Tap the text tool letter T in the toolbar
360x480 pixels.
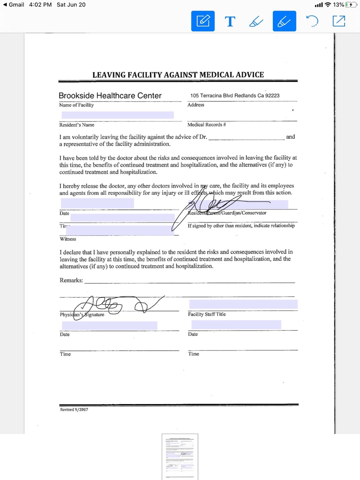point(230,22)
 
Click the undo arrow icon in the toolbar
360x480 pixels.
point(312,21)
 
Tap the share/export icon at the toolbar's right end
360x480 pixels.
point(339,21)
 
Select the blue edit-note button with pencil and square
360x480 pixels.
point(203,21)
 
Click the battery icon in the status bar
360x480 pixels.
point(350,5)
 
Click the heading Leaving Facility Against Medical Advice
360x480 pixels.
point(178,75)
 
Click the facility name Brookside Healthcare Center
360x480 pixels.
point(110,96)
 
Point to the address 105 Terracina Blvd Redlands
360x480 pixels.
point(235,96)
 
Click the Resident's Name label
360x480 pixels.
point(77,125)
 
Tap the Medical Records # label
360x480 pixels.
point(207,124)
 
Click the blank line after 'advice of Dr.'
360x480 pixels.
point(247,137)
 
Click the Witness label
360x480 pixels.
point(68,239)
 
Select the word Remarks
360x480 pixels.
point(71,280)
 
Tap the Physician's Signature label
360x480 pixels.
point(82,314)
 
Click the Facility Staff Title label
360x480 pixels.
point(207,314)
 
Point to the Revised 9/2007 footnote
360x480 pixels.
point(74,409)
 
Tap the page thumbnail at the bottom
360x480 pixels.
point(180,457)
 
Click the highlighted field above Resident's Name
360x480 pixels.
point(117,115)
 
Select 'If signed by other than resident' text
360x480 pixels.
point(241,226)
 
